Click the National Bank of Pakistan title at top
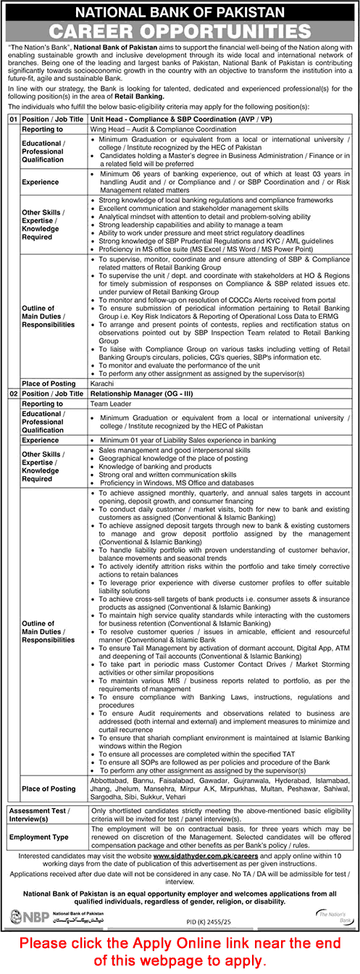point(180,12)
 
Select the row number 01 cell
point(12,117)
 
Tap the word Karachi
point(103,383)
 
